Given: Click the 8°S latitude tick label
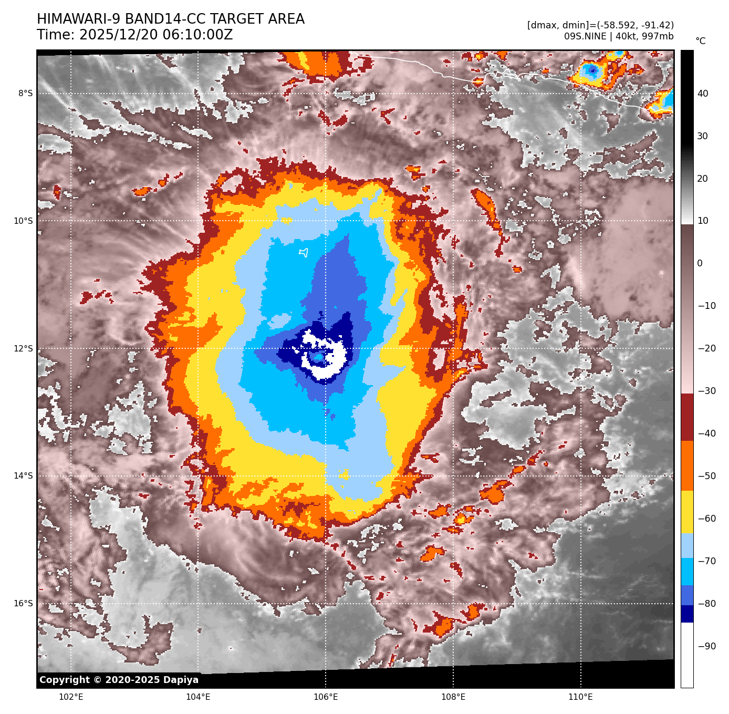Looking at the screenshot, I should point(25,94).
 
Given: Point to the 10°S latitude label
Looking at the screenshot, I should point(23,221).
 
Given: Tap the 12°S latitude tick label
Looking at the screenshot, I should point(23,348).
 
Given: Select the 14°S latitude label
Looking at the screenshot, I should point(23,476).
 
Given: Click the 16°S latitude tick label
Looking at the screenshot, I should point(23,603).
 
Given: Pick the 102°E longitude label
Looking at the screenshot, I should point(71,697).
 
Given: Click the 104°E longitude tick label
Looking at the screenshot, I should point(198,697).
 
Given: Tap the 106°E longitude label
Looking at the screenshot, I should point(326,697).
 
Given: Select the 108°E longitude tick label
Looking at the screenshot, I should point(453,697).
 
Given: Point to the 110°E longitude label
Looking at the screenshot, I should point(580,697).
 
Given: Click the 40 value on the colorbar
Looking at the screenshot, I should point(703,94).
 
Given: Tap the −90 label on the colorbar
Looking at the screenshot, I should point(706,646).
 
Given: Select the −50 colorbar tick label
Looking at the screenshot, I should point(706,476).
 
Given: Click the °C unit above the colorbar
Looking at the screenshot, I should point(701,41).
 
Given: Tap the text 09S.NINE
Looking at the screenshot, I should point(585,36).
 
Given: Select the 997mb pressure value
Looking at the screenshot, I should point(658,36).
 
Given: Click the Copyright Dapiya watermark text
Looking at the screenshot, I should point(119,680).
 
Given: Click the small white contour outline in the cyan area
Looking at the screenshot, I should point(303,253).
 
